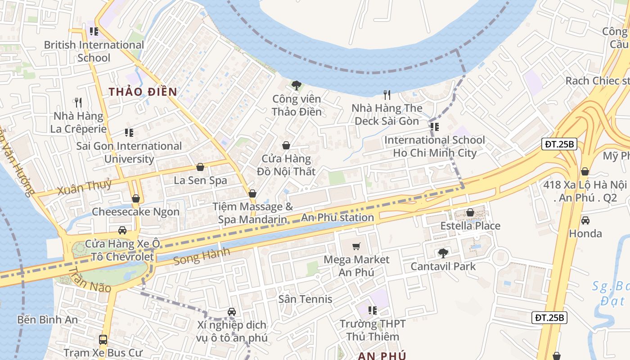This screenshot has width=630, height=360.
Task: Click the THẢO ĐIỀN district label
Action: [143, 92]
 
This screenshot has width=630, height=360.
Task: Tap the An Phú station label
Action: [337, 218]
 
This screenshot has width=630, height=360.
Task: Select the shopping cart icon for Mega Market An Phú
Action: [356, 246]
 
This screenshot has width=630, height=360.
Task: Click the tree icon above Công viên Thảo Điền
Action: [297, 85]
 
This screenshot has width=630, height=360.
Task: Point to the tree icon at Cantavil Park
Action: [443, 253]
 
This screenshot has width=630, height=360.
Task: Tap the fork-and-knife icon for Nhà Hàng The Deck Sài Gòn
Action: [387, 94]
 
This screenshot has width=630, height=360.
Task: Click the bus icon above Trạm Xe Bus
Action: [103, 339]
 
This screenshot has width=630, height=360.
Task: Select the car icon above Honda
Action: [585, 220]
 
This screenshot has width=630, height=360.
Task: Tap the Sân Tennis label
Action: [305, 299]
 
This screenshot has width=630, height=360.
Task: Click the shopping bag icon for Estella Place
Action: [470, 212]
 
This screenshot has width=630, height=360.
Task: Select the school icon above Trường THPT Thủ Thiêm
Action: [372, 310]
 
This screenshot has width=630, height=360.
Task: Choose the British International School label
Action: [94, 51]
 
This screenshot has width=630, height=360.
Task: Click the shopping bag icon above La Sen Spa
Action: [200, 167]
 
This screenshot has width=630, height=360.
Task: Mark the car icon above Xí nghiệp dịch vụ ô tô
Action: [232, 311]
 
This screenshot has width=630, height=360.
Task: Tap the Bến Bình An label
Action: [48, 320]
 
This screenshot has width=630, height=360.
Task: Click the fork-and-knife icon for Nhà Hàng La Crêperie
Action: [79, 103]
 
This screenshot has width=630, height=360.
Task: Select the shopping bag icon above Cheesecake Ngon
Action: [136, 198]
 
